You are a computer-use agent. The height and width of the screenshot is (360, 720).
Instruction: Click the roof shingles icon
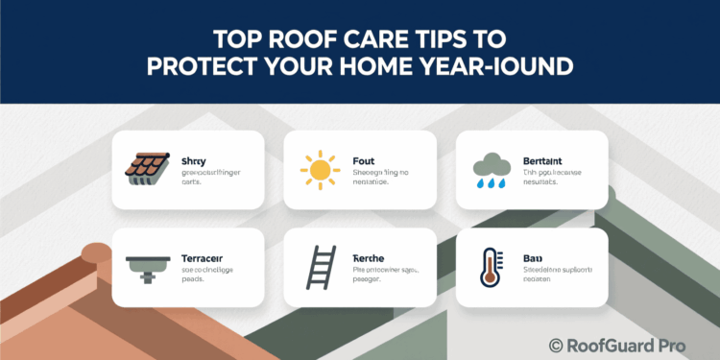146,170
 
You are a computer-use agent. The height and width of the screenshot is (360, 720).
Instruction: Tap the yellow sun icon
319,169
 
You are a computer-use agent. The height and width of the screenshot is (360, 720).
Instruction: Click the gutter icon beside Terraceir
147,267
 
